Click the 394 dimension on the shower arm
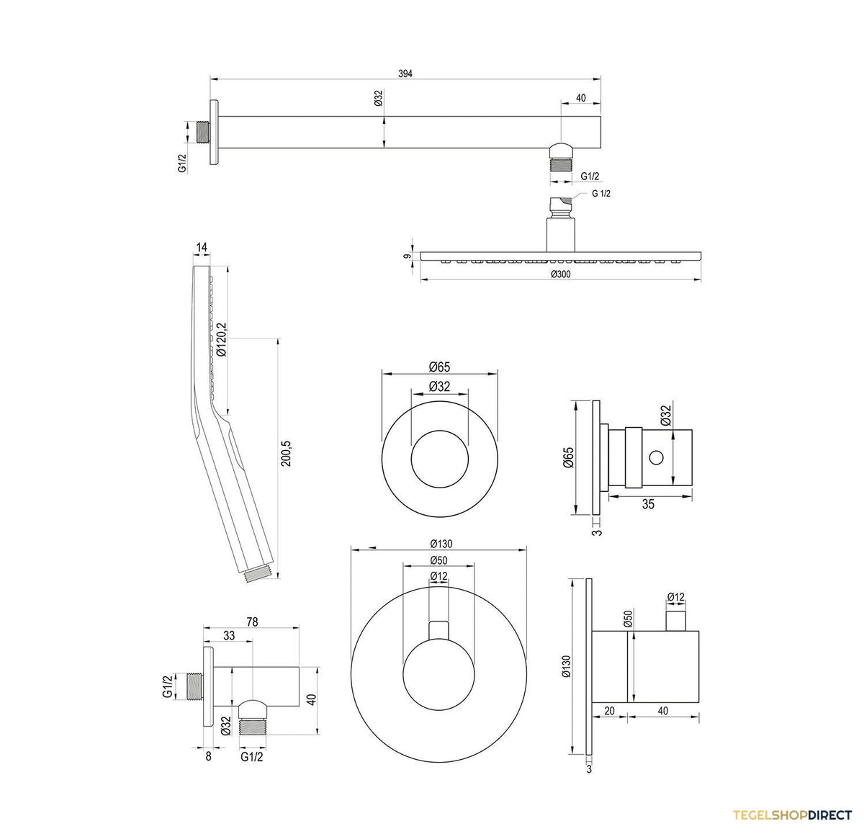coord(405,73)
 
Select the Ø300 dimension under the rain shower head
coord(560,274)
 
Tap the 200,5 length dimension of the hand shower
coord(286,454)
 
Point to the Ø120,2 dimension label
coord(221,339)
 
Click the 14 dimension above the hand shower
coord(202,247)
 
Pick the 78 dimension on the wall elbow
coord(252,622)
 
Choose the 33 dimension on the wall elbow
coord(229,635)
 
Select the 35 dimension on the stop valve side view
coord(648,504)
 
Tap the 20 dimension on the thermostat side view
coord(609,711)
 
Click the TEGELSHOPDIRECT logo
coord(792,815)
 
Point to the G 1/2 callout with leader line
coord(600,194)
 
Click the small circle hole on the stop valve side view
coord(656,457)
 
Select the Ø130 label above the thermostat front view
coord(441,544)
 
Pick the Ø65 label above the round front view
coord(439,367)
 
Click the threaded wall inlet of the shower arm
coord(203,132)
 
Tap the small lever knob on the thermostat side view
coord(676,621)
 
